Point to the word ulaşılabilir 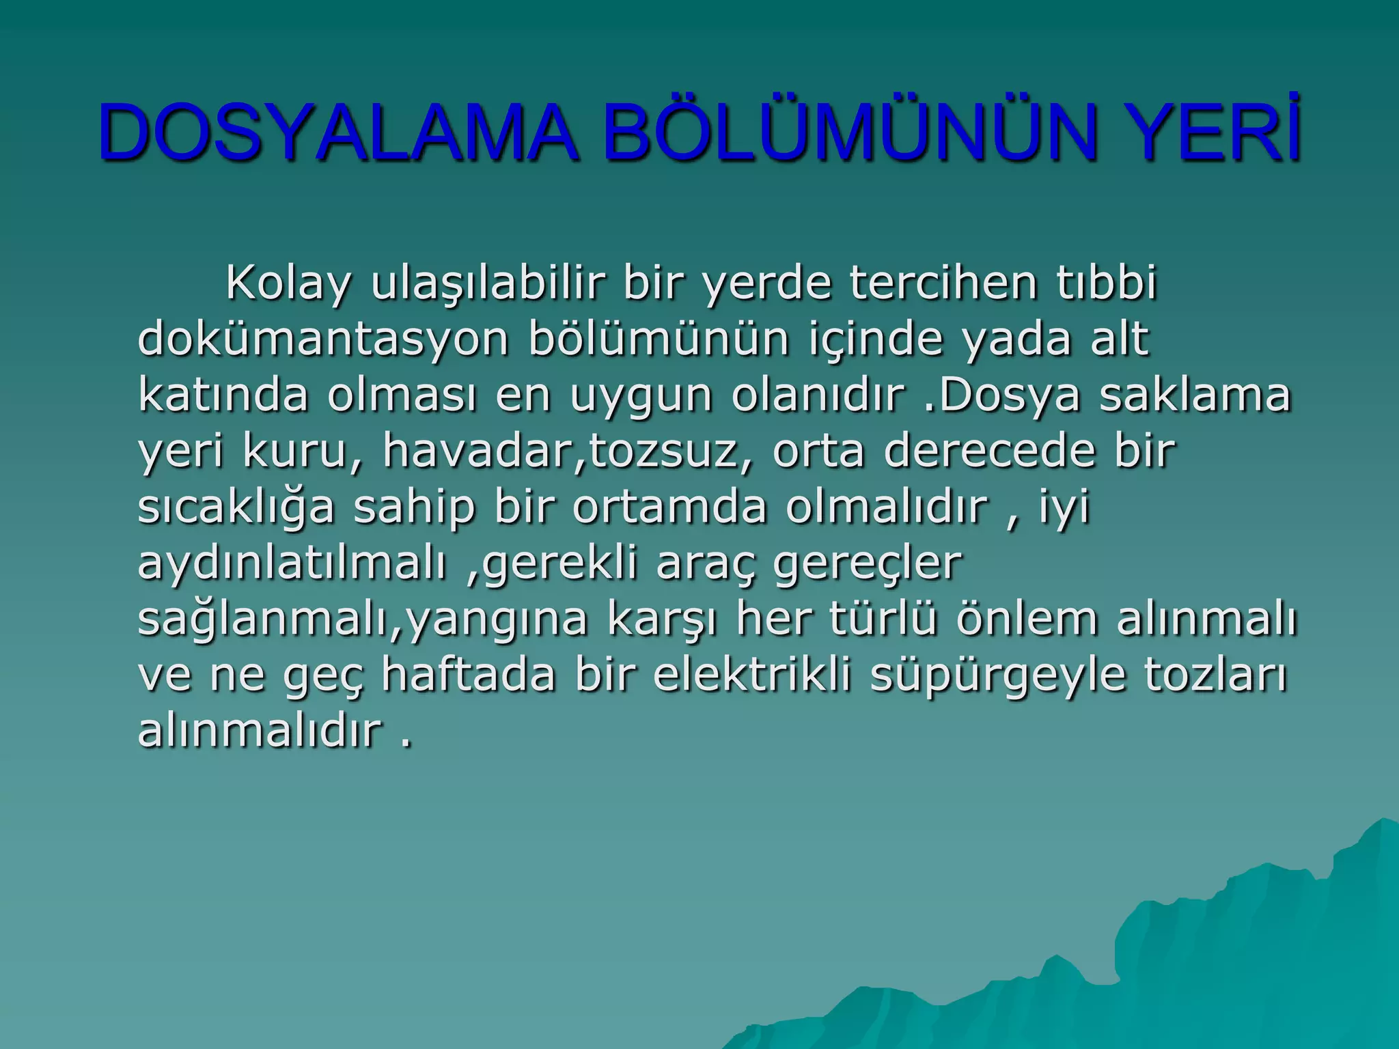click(x=488, y=282)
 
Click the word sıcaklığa click(x=236, y=507)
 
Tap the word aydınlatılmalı click(x=292, y=563)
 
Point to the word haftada click(x=469, y=675)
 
